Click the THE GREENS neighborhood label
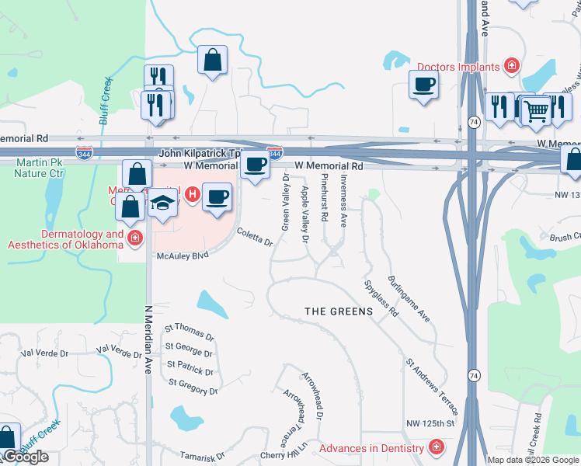point(338,311)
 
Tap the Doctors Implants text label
point(457,67)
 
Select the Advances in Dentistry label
point(372,448)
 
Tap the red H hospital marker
point(190,192)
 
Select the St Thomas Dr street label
point(190,333)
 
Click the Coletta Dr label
point(256,238)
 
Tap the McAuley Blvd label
point(181,256)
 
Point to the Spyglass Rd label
point(381,298)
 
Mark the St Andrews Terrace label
point(432,386)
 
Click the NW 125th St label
point(430,423)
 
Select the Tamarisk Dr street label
point(197,456)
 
